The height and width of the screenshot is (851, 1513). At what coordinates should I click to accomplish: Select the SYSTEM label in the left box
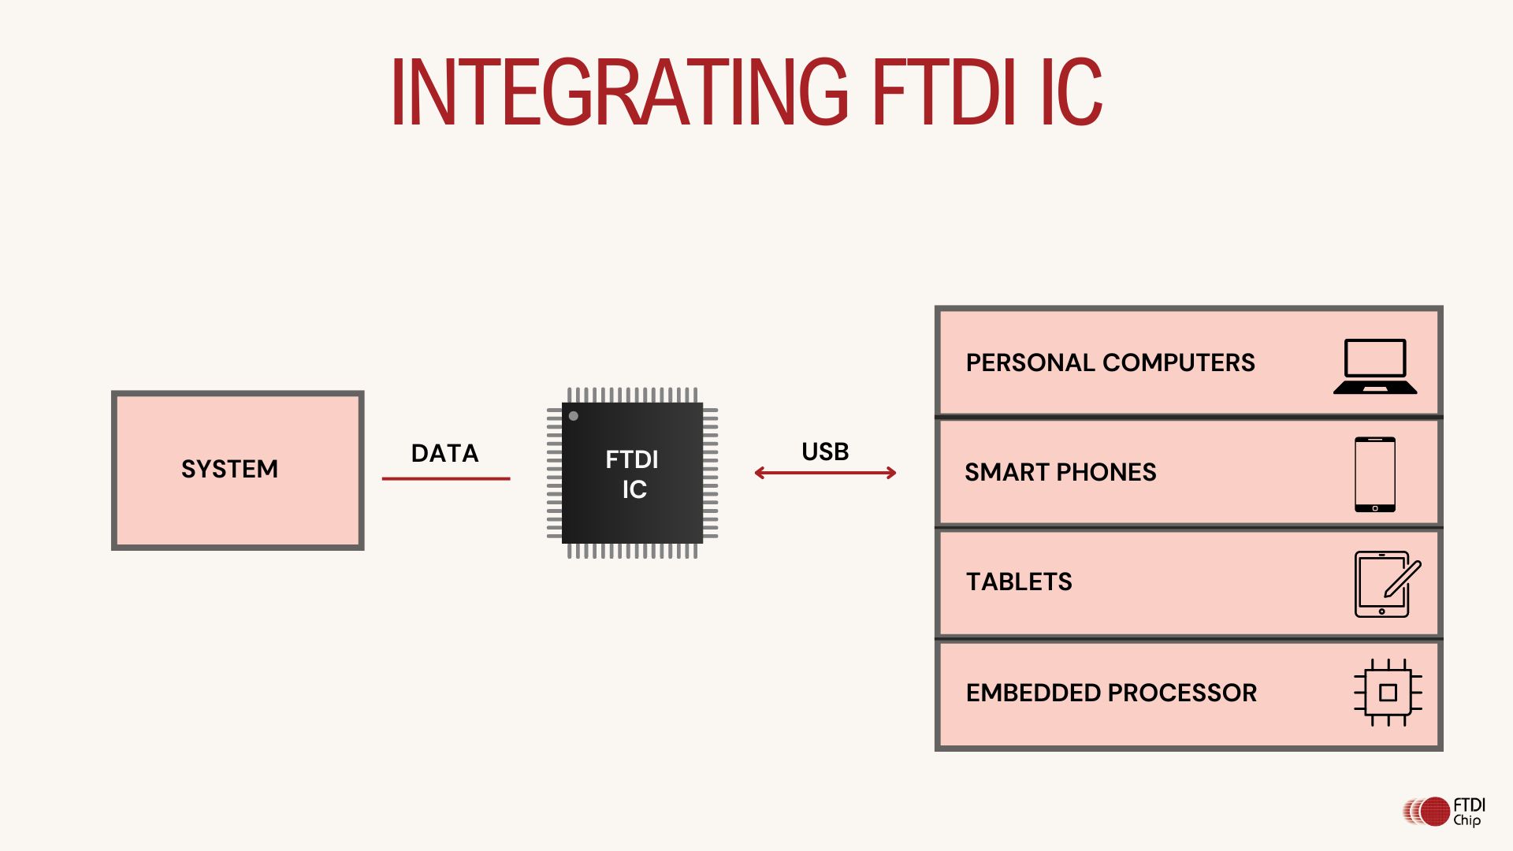pyautogui.click(x=229, y=469)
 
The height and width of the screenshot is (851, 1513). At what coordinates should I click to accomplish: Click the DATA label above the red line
pyautogui.click(x=444, y=453)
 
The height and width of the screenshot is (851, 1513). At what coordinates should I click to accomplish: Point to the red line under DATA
pyautogui.click(x=446, y=478)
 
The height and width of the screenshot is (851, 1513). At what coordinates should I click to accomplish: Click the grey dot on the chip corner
pyautogui.click(x=574, y=416)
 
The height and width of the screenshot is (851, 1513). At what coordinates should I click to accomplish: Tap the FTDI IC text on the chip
pyautogui.click(x=632, y=474)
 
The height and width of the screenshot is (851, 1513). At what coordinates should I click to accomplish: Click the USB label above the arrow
pyautogui.click(x=825, y=452)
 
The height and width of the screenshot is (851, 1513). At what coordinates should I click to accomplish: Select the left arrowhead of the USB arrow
pyautogui.click(x=759, y=473)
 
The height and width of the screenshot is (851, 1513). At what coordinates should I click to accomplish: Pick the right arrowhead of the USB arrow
pyautogui.click(x=891, y=473)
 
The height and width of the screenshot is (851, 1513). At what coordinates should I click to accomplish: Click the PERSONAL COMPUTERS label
pyautogui.click(x=1110, y=362)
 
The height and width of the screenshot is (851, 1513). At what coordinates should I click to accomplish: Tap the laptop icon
pyautogui.click(x=1375, y=366)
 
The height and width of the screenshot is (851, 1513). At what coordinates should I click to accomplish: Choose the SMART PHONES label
pyautogui.click(x=1061, y=472)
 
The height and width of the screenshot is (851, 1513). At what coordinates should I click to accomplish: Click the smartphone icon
pyautogui.click(x=1375, y=474)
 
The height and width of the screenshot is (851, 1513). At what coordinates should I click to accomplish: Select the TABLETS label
pyautogui.click(x=1019, y=582)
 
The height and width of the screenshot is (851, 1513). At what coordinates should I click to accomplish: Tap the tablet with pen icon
pyautogui.click(x=1385, y=584)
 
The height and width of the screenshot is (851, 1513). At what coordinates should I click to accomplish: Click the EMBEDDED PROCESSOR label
pyautogui.click(x=1111, y=693)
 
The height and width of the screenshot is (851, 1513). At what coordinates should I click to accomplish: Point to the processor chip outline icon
pyautogui.click(x=1388, y=693)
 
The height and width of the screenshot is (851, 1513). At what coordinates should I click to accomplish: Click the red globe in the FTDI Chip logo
pyautogui.click(x=1435, y=812)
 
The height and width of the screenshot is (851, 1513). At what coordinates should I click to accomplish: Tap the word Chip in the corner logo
pyautogui.click(x=1467, y=820)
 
